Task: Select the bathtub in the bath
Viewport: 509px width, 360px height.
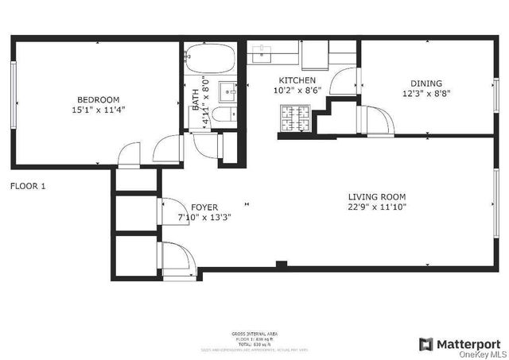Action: point(210,57)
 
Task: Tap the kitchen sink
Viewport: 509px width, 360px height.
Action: point(262,52)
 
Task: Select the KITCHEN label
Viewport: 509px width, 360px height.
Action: point(297,81)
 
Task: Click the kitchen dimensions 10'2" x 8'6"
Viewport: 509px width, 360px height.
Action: point(297,91)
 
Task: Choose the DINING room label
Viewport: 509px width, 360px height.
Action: point(426,83)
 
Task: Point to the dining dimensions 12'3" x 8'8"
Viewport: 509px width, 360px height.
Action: point(426,94)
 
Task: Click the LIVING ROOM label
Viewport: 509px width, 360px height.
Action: point(377,197)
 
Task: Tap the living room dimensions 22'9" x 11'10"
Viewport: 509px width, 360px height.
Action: point(377,208)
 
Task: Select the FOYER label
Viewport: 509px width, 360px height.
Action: point(204,207)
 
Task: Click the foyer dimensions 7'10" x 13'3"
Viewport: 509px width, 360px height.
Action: point(204,219)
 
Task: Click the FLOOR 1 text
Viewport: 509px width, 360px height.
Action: point(28,187)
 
